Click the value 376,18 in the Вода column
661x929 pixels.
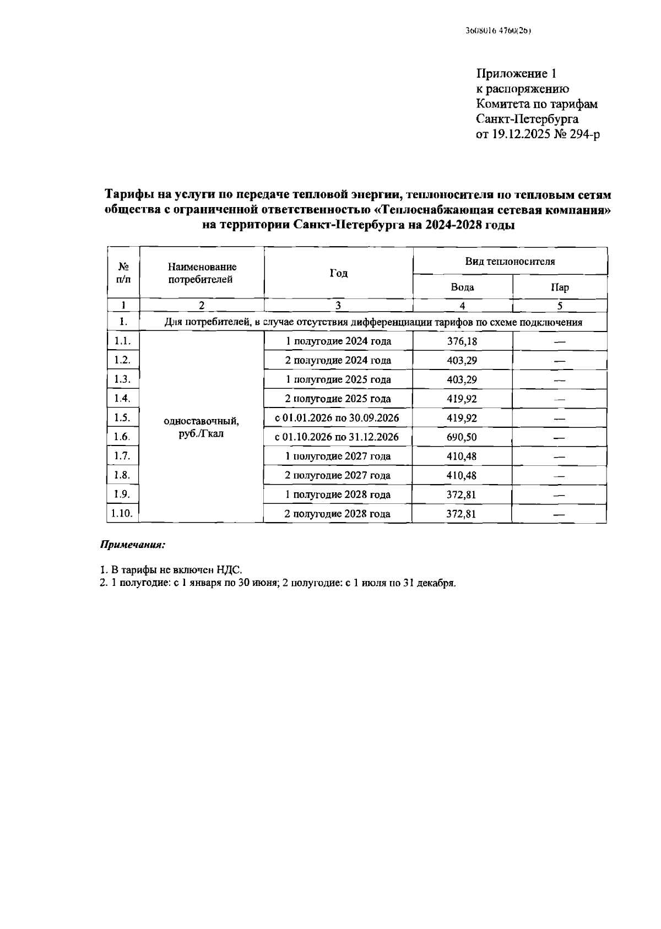pos(462,341)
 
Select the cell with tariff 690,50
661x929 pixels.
pos(462,437)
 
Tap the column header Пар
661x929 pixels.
pos(560,287)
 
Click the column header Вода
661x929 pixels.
pos(462,287)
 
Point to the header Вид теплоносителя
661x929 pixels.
pos(510,262)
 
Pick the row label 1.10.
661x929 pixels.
pos(122,513)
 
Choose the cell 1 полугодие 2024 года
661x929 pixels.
pos(338,341)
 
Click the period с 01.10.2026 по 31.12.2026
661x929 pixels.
pos(337,437)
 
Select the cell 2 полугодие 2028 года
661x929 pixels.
pos(337,514)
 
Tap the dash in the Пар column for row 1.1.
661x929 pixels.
pos(560,342)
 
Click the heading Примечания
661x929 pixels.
pos(132,545)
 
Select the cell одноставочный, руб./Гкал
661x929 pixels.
pos(202,427)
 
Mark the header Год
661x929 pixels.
pos(338,274)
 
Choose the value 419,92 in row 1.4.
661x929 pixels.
pos(462,399)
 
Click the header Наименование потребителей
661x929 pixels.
pos(202,273)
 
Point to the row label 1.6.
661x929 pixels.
pos(122,437)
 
